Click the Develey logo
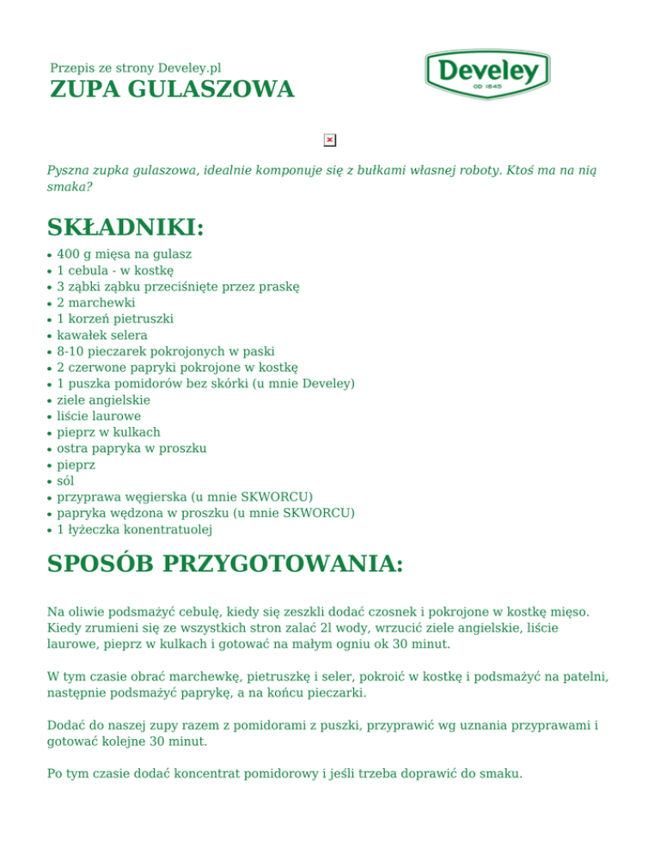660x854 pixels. coord(486,74)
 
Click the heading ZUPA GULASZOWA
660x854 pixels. coord(172,89)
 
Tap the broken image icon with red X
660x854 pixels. coord(329,140)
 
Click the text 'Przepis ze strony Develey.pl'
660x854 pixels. coord(136,67)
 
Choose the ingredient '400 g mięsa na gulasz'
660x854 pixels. coord(124,254)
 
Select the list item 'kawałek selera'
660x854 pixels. coord(101,335)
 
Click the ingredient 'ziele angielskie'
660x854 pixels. coord(103,400)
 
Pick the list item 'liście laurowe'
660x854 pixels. coord(99,416)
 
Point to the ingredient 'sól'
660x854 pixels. coord(65,480)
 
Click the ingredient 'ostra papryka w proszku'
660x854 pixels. coord(131,448)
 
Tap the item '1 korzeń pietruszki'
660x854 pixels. coord(114,319)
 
